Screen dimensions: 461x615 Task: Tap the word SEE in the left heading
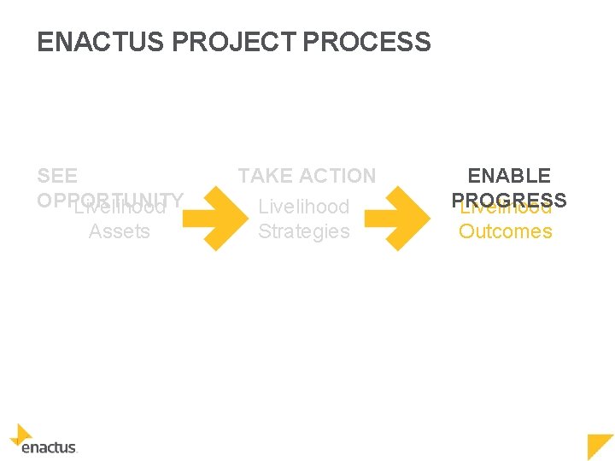click(57, 176)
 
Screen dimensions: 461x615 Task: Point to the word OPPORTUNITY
click(111, 199)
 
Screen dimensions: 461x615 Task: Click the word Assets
click(120, 231)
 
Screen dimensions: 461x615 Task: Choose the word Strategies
click(304, 231)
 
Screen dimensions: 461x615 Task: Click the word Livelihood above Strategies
click(304, 207)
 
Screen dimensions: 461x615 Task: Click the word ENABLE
click(509, 176)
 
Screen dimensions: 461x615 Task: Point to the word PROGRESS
click(509, 199)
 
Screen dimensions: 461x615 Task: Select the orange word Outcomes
click(506, 231)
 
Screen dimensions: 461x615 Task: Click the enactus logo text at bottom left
click(49, 447)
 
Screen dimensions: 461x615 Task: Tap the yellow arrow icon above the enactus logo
click(21, 434)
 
